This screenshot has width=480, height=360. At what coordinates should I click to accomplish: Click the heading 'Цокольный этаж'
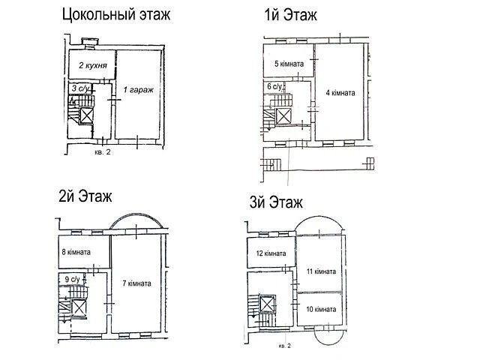click(x=116, y=15)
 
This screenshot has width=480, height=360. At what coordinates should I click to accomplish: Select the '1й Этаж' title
click(x=290, y=15)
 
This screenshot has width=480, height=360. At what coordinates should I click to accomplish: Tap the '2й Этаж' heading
click(x=85, y=196)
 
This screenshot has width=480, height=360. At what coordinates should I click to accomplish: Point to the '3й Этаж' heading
click(x=276, y=202)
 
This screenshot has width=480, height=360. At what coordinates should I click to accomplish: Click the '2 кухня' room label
click(x=93, y=65)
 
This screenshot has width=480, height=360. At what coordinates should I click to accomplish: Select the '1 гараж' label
click(x=138, y=90)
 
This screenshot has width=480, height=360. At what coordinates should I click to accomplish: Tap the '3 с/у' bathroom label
click(x=81, y=88)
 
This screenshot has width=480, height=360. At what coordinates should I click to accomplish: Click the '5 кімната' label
click(x=289, y=64)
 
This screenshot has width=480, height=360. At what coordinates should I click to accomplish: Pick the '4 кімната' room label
click(x=340, y=93)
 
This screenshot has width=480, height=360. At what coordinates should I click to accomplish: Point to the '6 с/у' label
click(x=274, y=86)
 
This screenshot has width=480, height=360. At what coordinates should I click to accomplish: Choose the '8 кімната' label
click(x=76, y=252)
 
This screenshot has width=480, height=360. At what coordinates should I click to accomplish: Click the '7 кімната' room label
click(x=136, y=283)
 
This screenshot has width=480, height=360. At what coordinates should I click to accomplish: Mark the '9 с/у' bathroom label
click(x=72, y=279)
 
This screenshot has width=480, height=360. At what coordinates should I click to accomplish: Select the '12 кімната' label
click(x=271, y=253)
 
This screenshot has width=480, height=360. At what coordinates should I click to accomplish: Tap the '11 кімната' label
click(x=321, y=271)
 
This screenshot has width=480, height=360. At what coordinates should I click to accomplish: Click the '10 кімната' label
click(x=321, y=309)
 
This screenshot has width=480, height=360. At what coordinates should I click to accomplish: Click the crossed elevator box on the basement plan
click(x=86, y=115)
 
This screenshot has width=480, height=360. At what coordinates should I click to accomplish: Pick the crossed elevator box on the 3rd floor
click(x=267, y=304)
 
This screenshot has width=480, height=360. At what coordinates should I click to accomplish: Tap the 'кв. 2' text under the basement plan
click(x=103, y=151)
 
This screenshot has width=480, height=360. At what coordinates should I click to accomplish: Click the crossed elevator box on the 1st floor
click(x=282, y=115)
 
